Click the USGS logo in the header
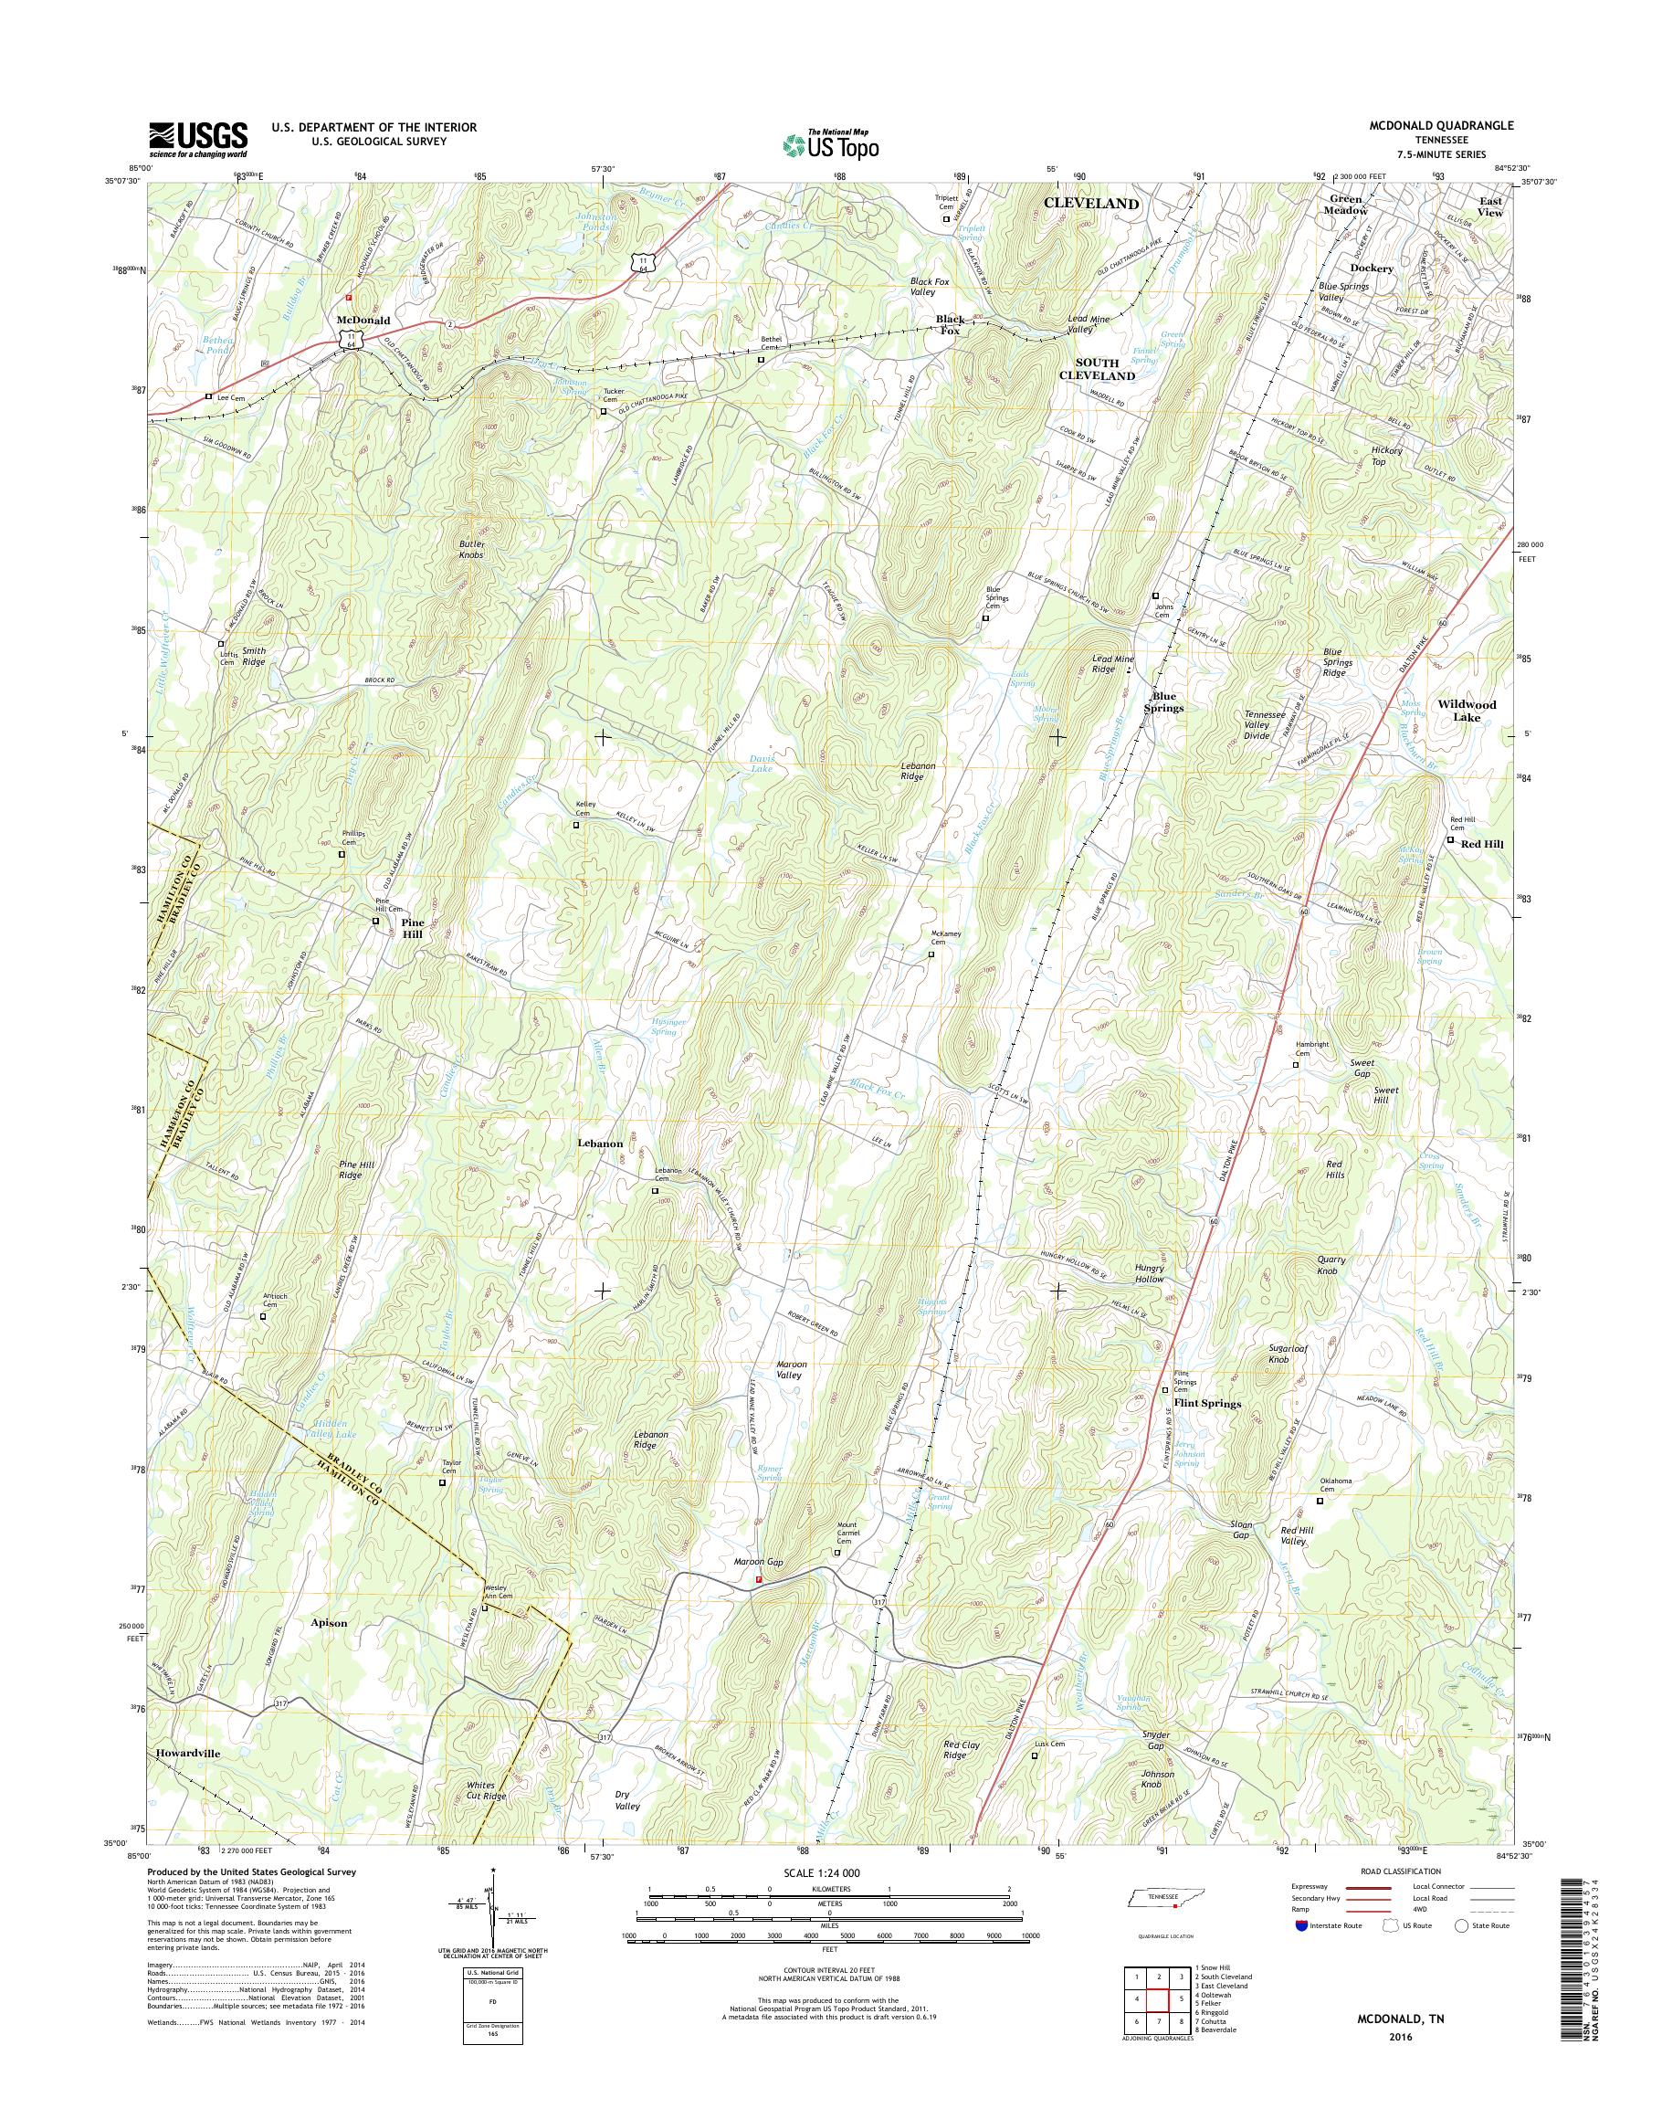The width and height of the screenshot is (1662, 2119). pyautogui.click(x=197, y=140)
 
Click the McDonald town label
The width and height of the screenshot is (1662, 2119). pyautogui.click(x=363, y=321)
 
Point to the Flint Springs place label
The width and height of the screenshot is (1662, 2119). pyautogui.click(x=1206, y=1404)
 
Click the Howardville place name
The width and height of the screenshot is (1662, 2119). pyautogui.click(x=187, y=1752)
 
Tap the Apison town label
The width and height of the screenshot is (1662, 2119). pyautogui.click(x=328, y=1624)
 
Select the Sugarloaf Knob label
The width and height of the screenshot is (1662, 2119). pyautogui.click(x=1291, y=1353)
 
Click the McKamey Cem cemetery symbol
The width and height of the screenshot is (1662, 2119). pyautogui.click(x=931, y=954)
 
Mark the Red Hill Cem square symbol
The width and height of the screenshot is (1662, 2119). pyautogui.click(x=1450, y=840)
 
